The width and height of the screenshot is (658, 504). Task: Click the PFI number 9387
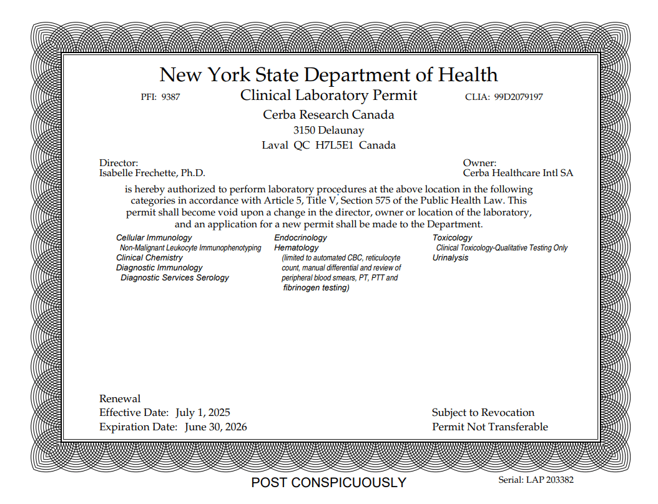point(170,97)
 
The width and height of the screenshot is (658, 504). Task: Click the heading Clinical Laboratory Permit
point(328,96)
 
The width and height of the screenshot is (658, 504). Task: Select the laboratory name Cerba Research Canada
point(328,115)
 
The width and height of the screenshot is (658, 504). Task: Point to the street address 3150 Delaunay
point(328,131)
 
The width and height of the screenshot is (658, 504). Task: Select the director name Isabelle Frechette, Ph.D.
point(152,173)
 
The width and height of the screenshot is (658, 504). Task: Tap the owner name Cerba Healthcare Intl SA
point(518,173)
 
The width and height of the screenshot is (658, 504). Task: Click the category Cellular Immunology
point(154,238)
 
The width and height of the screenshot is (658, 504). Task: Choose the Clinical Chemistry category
point(149,258)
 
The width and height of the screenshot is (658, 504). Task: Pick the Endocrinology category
point(300,238)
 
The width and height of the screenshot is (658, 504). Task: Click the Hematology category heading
point(296,248)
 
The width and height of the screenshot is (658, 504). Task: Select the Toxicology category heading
point(452,238)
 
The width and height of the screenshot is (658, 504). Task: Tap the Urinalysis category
point(450,258)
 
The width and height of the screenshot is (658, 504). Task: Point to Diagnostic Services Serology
point(175,278)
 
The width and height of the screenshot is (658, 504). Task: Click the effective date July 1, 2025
point(203,413)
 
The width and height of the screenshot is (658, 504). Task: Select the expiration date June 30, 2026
point(215,427)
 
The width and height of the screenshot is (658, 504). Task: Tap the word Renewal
point(120,399)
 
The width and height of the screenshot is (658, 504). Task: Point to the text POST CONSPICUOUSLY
point(328,483)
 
